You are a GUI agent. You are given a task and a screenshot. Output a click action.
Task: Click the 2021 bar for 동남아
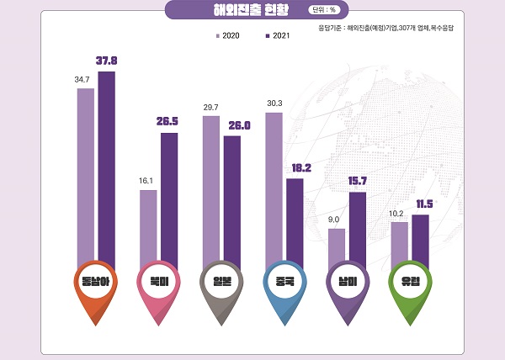coord(107,168)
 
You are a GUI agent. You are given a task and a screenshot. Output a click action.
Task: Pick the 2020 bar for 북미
coord(148,227)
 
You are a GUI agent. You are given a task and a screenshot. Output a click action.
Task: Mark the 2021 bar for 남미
coord(358,227)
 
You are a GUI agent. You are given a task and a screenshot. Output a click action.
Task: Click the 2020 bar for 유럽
coord(400,244)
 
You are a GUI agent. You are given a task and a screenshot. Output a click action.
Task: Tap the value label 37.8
coord(107,61)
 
